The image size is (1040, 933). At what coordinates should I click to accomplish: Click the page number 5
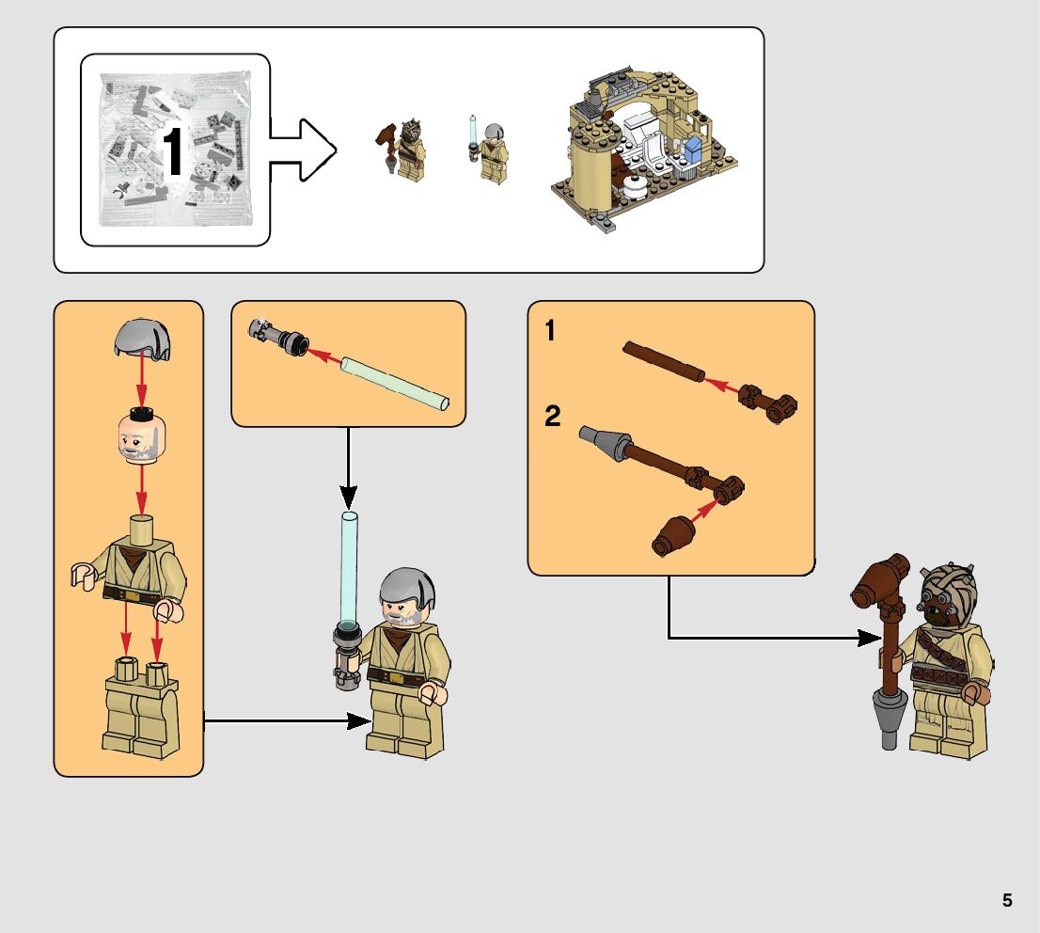[x=1007, y=900]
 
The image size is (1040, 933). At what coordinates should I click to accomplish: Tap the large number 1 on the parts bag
[x=173, y=151]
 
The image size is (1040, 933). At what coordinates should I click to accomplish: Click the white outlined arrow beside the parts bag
[x=303, y=149]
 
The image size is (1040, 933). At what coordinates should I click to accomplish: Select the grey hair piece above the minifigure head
[x=142, y=338]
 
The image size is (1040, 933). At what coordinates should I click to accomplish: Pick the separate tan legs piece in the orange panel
[x=142, y=710]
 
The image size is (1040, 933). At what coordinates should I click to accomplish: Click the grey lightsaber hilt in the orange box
[x=277, y=336]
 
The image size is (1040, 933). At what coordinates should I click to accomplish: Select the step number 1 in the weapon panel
[x=551, y=331]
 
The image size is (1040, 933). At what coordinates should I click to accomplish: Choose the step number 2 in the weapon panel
[x=553, y=416]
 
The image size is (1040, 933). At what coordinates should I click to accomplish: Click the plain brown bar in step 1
[x=663, y=362]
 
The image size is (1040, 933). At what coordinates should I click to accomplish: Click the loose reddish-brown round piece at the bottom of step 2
[x=672, y=535]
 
